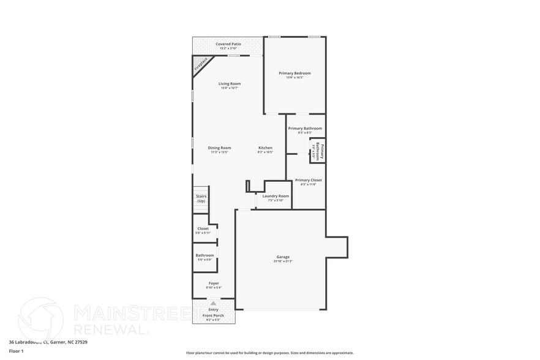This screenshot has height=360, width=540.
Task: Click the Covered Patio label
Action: (x=228, y=44)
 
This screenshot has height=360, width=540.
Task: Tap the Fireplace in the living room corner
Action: (x=200, y=65)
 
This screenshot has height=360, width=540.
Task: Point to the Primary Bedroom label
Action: (x=294, y=73)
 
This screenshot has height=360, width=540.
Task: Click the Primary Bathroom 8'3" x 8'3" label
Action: (x=305, y=129)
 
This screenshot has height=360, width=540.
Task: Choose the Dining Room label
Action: (x=219, y=148)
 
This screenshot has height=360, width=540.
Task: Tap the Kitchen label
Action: (x=265, y=148)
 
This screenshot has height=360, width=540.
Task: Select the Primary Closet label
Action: (x=308, y=180)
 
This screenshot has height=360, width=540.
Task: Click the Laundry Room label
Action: (x=276, y=196)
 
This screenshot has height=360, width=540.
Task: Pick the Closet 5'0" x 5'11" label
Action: (x=203, y=229)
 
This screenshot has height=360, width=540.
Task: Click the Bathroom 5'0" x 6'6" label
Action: (x=204, y=255)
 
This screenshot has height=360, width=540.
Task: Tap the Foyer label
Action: (x=213, y=283)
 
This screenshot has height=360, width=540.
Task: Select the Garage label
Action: (x=283, y=257)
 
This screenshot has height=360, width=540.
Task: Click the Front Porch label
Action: (x=213, y=316)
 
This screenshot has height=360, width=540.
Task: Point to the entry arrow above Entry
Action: (x=213, y=303)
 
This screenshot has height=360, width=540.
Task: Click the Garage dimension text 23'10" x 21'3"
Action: (x=283, y=261)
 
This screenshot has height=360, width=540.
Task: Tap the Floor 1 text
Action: (x=16, y=351)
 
